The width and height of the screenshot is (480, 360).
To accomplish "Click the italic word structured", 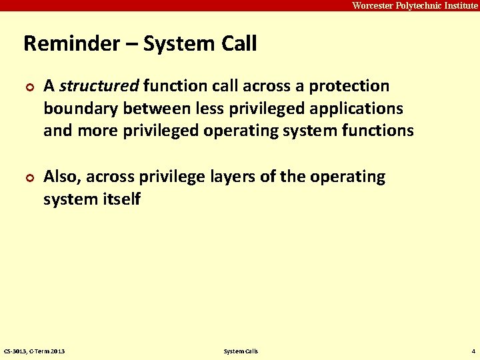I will tap(99, 86).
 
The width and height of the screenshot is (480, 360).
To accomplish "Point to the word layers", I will tap(223, 177).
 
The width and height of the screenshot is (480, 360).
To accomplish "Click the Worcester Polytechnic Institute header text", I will tap(415, 5).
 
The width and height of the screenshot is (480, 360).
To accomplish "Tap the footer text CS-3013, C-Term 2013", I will tap(34, 351).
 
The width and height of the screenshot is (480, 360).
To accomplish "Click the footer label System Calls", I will tap(241, 351).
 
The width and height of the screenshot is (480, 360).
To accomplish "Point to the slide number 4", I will tap(472, 351).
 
